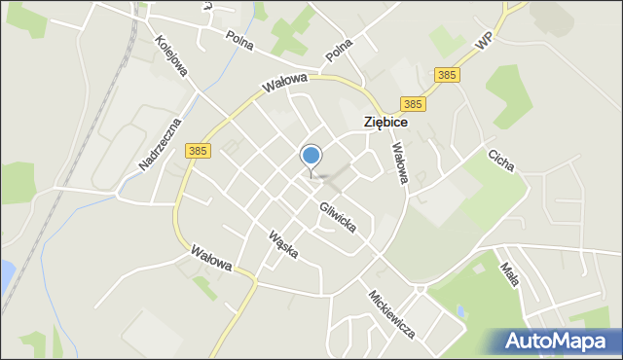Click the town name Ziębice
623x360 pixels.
385,124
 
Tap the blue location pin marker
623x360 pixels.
311,156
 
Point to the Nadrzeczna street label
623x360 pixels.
161,143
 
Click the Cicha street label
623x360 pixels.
502,160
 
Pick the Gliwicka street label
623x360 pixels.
337,216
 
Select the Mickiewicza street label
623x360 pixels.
391,313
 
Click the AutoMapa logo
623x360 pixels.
556,341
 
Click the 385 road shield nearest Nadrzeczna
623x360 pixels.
198,151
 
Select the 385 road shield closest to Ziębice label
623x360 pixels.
413,104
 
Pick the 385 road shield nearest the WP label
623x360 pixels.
447,74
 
